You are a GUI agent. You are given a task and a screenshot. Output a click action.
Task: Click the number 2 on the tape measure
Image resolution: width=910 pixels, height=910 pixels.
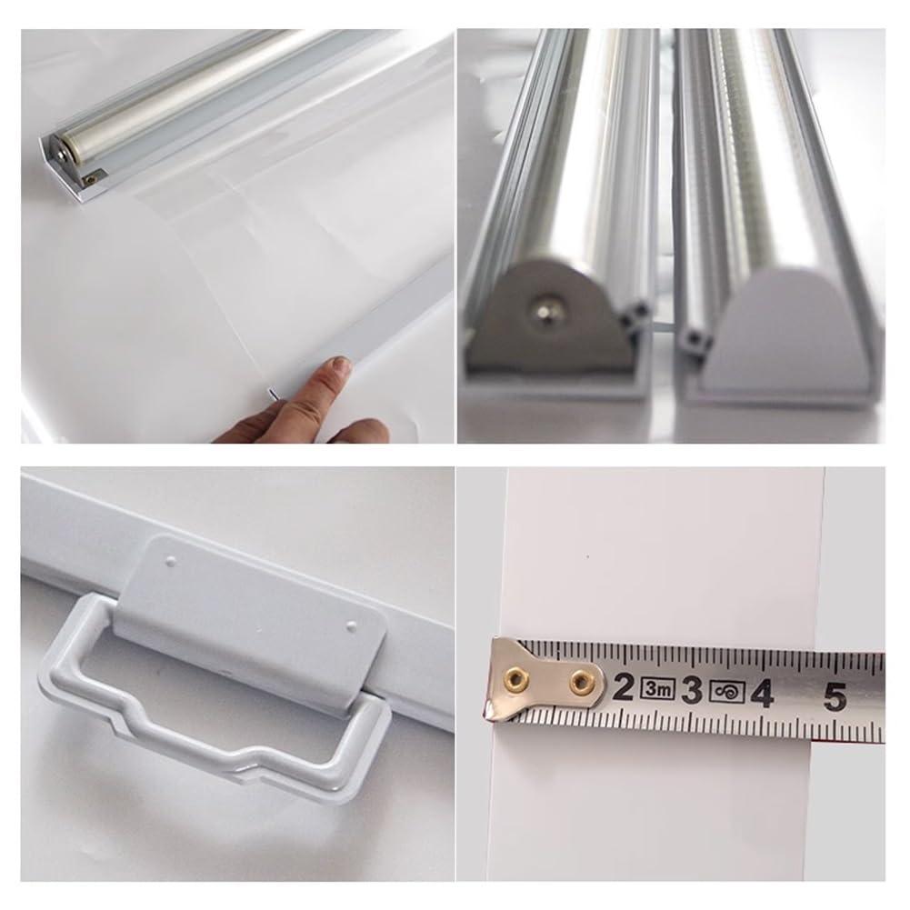click(x=623, y=688)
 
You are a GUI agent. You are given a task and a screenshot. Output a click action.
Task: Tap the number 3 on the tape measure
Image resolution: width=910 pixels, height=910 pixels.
click(x=693, y=690)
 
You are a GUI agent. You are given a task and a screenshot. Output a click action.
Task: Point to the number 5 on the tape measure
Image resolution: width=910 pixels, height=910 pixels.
click(x=833, y=696)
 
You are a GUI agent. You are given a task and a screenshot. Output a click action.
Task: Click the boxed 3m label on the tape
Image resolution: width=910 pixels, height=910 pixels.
click(x=657, y=689)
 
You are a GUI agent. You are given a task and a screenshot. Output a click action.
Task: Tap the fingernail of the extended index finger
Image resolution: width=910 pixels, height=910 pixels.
click(x=342, y=365)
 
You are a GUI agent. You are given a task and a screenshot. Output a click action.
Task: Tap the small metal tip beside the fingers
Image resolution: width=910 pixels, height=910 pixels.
click(x=270, y=392)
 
